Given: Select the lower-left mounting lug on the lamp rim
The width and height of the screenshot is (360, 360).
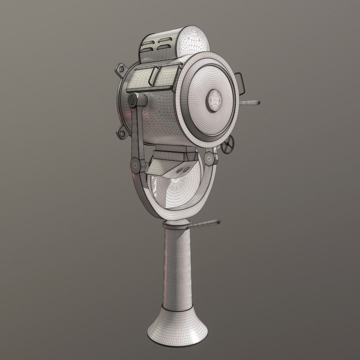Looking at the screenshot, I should (121, 134).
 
